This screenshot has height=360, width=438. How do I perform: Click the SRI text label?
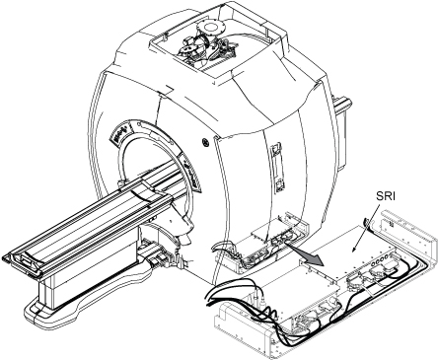pyautogui.click(x=386, y=196)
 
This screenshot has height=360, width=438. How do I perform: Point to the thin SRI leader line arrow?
pyautogui.click(x=366, y=228)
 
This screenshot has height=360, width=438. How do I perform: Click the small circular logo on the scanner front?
pyautogui.click(x=206, y=142)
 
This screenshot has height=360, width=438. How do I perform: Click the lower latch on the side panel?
pyautogui.click(x=278, y=186)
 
